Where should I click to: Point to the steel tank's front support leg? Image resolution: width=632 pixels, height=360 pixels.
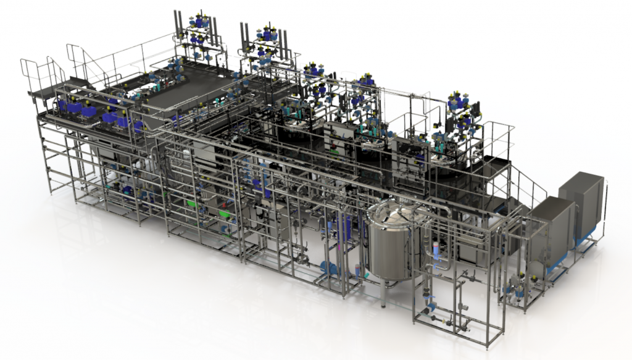(383, 295)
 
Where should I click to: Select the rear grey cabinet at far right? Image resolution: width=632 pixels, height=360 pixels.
(581, 203)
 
